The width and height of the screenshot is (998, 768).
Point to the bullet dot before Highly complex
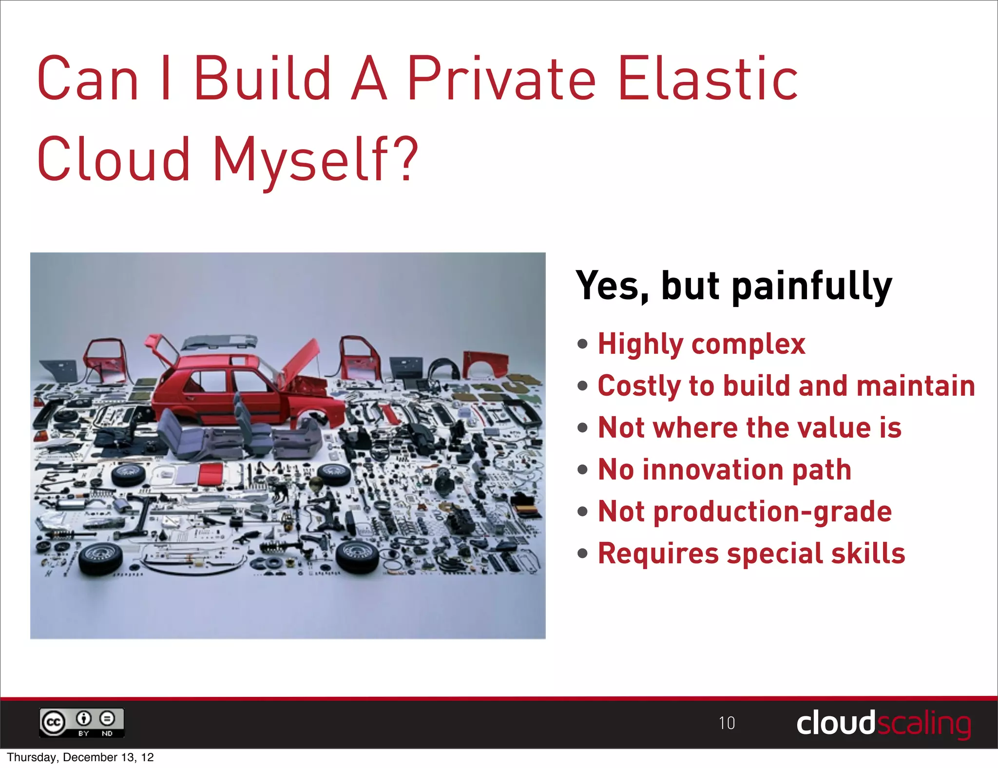(x=582, y=345)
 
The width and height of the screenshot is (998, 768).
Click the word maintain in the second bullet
(x=915, y=386)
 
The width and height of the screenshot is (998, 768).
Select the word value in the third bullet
(x=834, y=428)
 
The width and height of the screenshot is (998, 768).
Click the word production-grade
(x=772, y=512)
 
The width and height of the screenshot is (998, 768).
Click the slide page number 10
(x=727, y=723)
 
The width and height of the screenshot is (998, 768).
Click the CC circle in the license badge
(x=53, y=722)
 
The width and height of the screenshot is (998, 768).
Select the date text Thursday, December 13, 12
(x=80, y=757)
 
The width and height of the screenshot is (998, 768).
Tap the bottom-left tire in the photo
(x=100, y=558)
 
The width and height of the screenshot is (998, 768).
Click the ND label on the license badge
(x=107, y=733)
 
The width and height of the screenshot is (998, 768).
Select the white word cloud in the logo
(x=835, y=723)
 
